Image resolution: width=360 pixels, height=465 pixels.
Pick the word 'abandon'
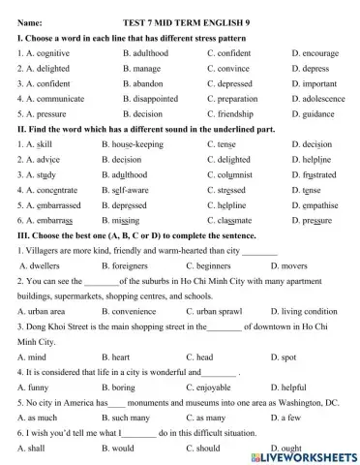click(x=149, y=83)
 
